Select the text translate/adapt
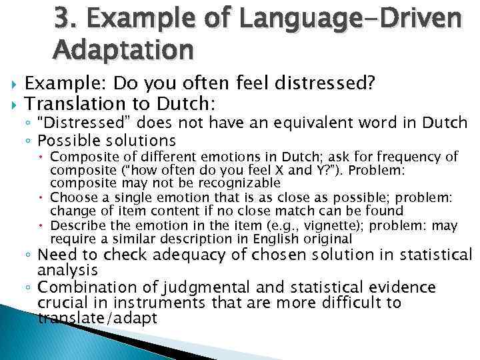pos(97,319)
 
